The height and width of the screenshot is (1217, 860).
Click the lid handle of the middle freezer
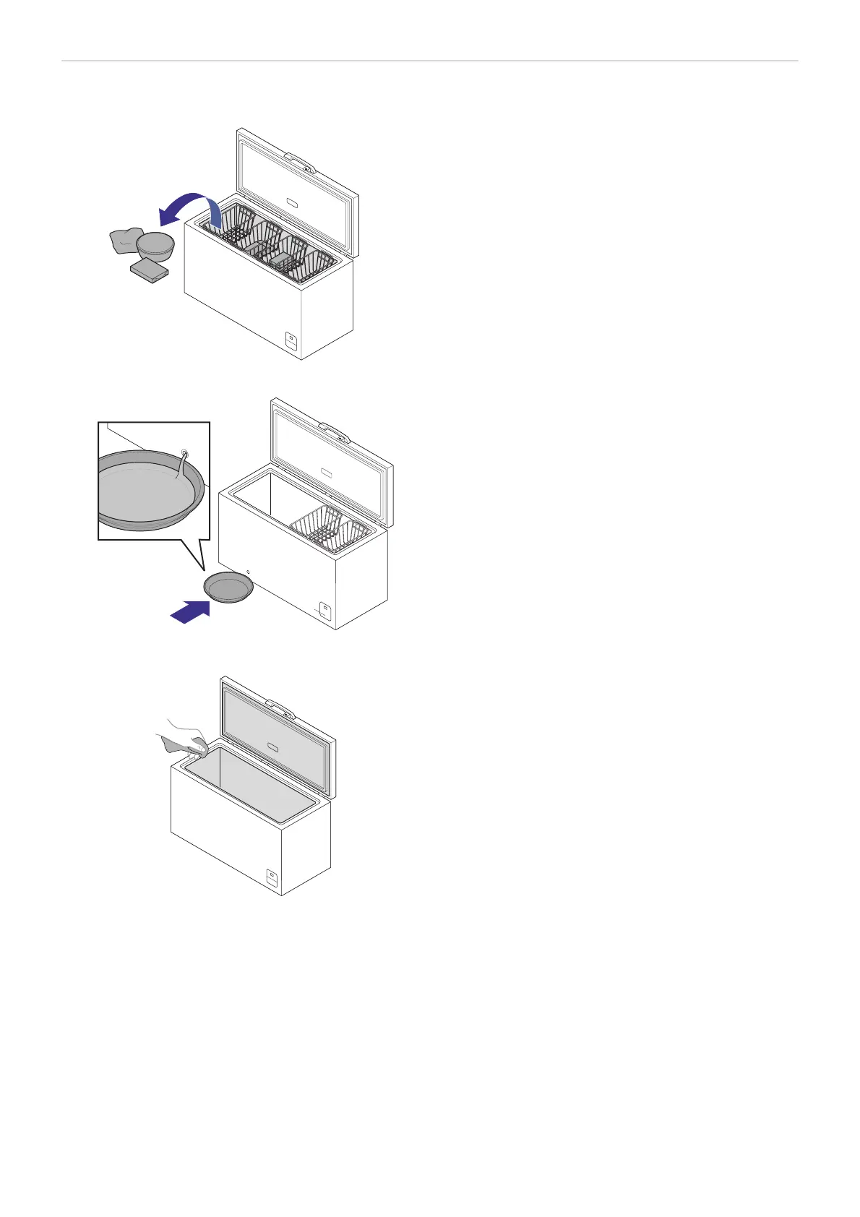pyautogui.click(x=334, y=432)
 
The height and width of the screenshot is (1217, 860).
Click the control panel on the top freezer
pyautogui.click(x=291, y=340)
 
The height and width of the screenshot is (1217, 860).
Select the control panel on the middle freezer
pyautogui.click(x=326, y=611)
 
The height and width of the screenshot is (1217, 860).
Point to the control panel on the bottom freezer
pyautogui.click(x=272, y=878)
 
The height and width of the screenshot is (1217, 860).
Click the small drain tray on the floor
pyautogui.click(x=229, y=586)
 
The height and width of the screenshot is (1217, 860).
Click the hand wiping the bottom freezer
pyautogui.click(x=184, y=739)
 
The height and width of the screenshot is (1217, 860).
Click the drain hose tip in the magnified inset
pyautogui.click(x=185, y=455)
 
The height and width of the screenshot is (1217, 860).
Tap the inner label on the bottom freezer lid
pyautogui.click(x=272, y=747)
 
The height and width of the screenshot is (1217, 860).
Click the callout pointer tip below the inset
pyautogui.click(x=205, y=570)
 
